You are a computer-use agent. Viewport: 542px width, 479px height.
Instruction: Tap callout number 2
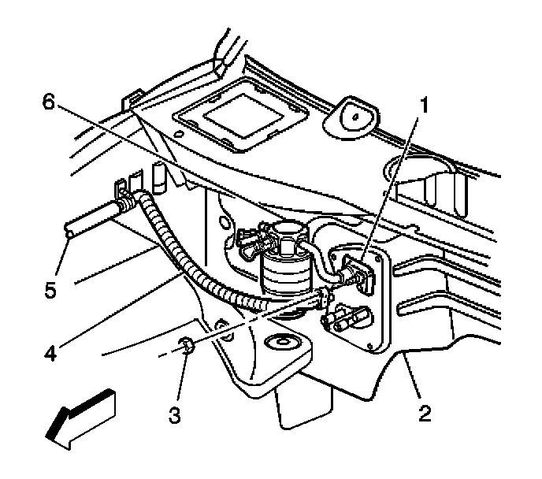coord(425,412)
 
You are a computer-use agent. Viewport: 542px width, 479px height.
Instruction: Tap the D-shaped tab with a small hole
coord(354,116)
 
